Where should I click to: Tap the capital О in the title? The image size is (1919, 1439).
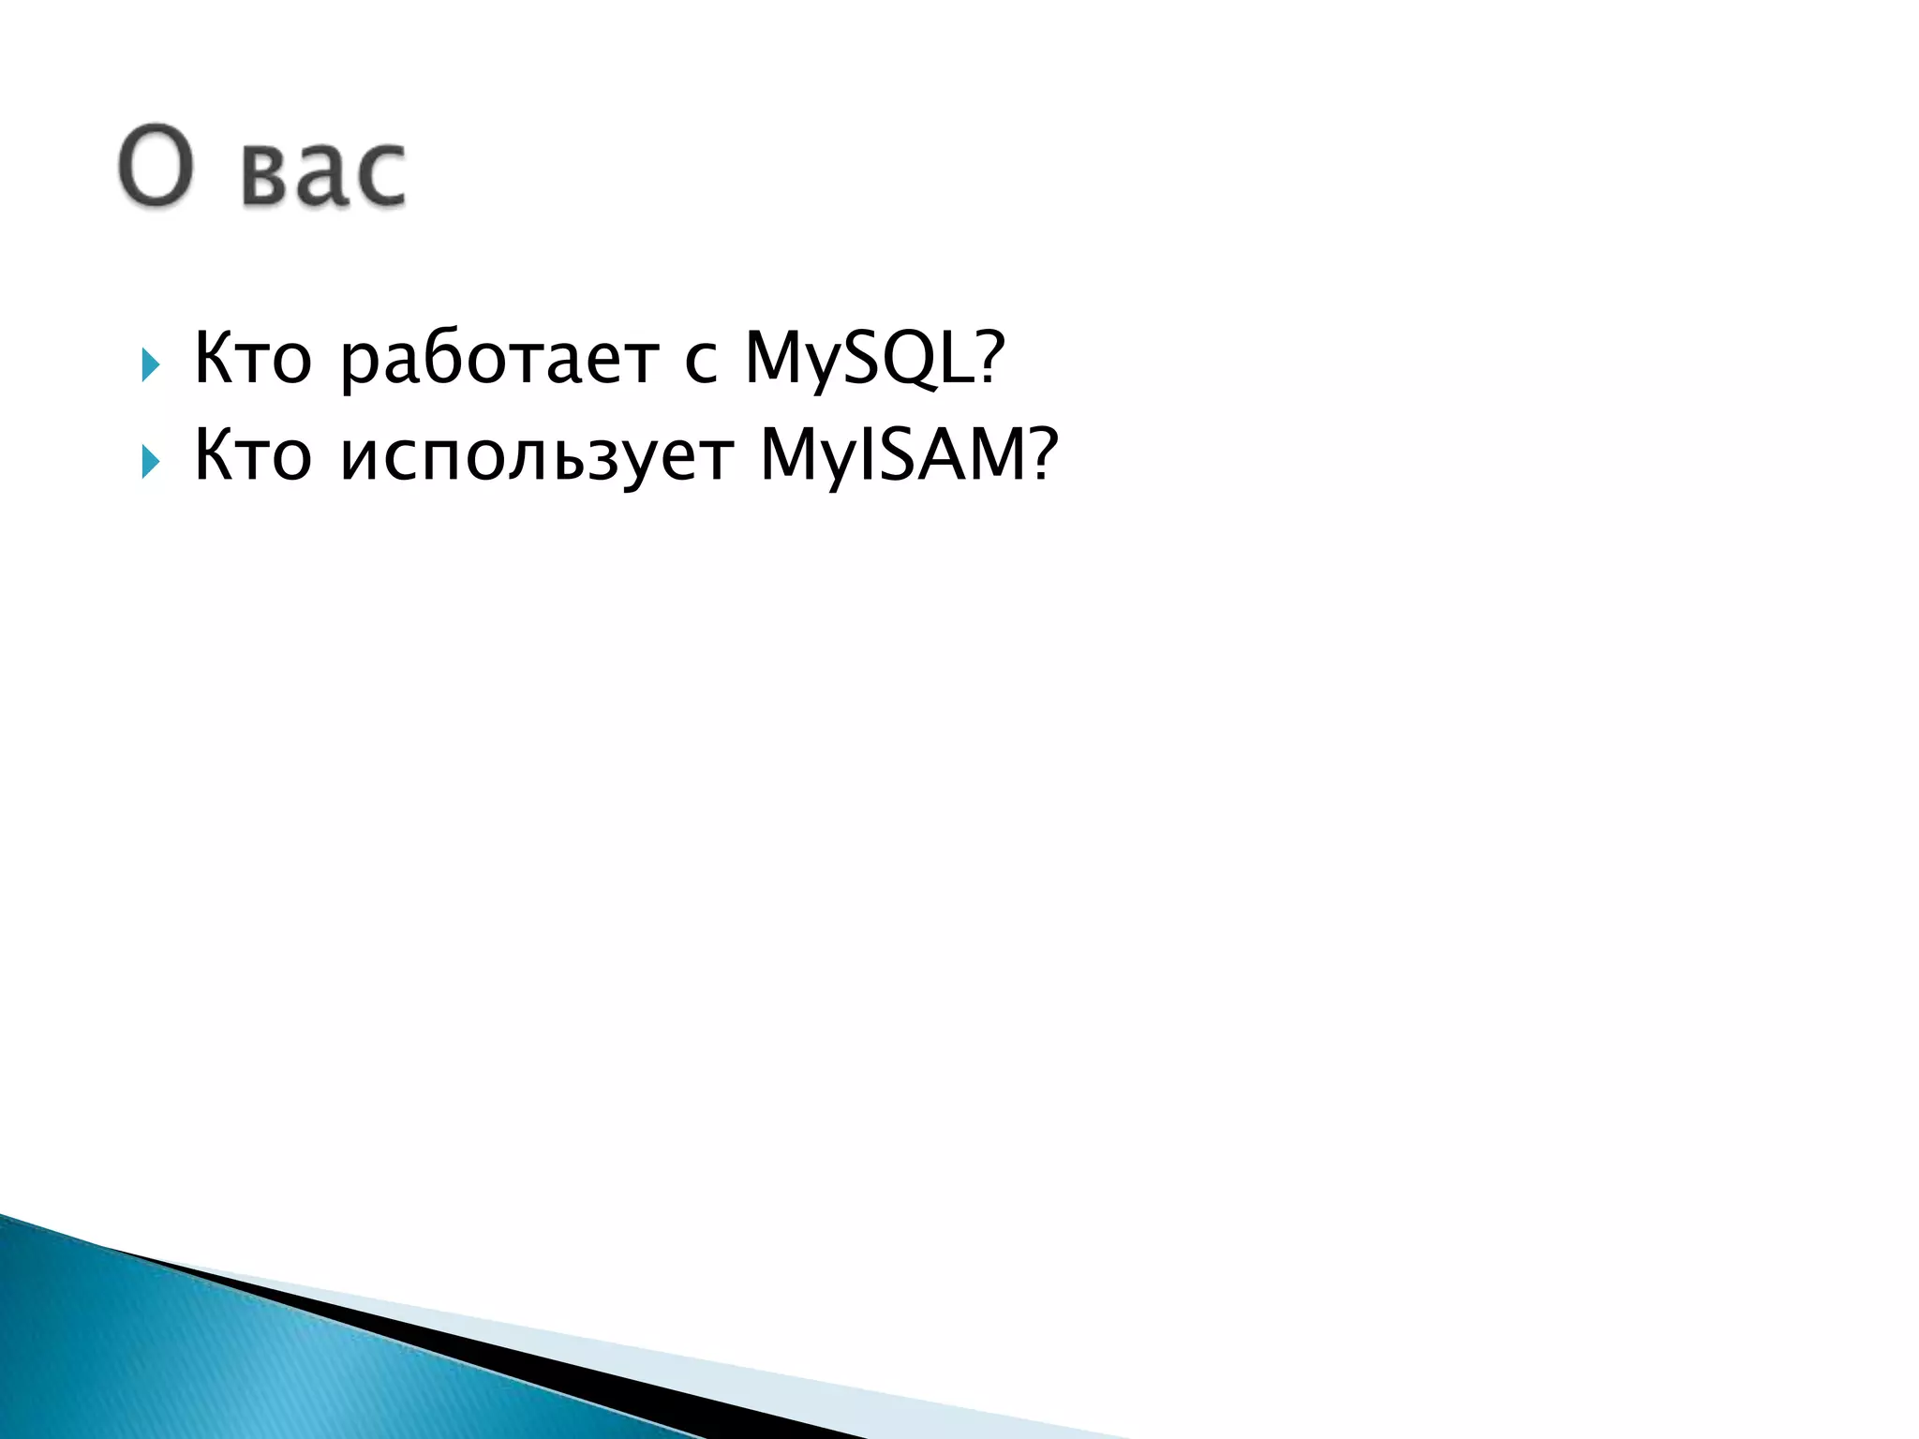(156, 165)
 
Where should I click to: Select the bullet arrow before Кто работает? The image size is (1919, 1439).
(150, 364)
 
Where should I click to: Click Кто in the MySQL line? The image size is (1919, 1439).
(252, 358)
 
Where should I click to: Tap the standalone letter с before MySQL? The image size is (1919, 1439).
(701, 362)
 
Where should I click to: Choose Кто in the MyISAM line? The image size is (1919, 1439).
(252, 455)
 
